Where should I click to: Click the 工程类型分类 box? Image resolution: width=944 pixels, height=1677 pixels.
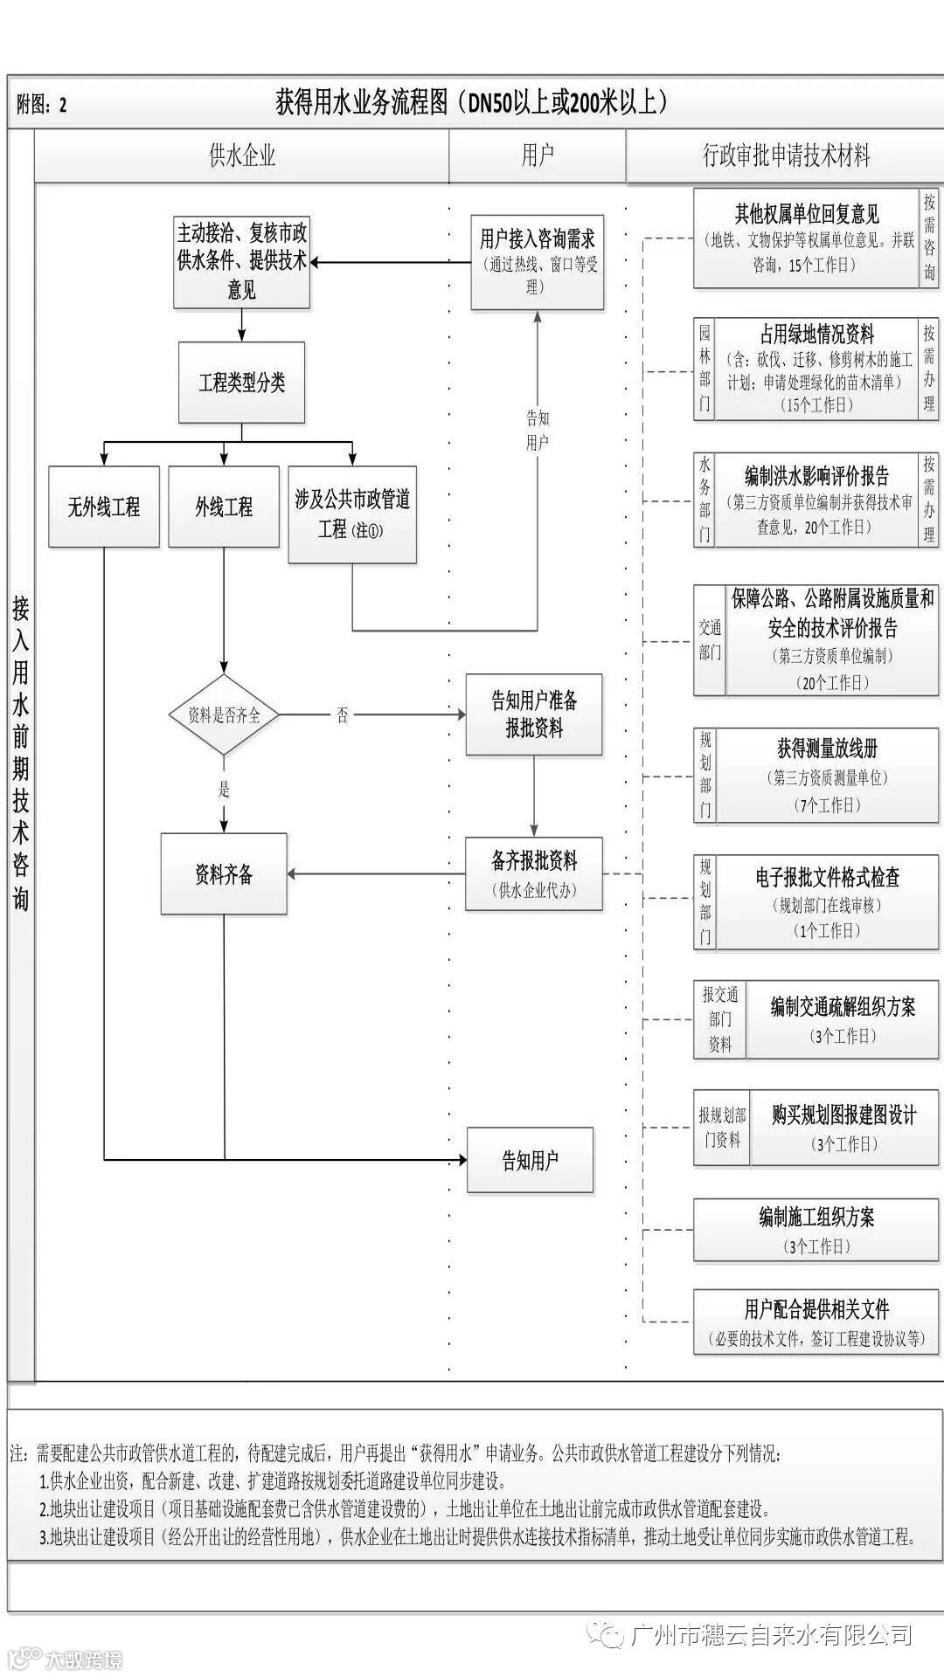[x=241, y=383]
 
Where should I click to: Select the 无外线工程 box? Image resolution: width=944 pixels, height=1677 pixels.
[x=104, y=507]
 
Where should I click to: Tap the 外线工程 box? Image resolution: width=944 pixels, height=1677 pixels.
[x=224, y=507]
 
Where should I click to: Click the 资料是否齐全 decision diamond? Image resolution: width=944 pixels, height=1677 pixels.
[x=224, y=714]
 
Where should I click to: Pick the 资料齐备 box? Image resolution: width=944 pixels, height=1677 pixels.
[x=224, y=873]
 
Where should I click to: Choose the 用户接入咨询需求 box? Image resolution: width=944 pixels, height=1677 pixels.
[x=537, y=262]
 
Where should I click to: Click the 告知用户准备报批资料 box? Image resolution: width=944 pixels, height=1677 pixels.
[x=534, y=714]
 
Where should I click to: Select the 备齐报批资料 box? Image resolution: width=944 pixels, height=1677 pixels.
[x=534, y=873]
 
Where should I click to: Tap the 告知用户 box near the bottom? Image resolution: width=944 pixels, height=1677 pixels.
[x=530, y=1160]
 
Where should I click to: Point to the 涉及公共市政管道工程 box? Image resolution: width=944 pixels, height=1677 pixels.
[x=352, y=514]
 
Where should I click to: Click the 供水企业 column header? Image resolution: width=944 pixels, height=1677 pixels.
[x=242, y=155]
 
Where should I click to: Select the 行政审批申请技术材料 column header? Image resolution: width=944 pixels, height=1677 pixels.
[x=786, y=155]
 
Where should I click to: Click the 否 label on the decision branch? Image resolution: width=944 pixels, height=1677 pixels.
[x=343, y=715]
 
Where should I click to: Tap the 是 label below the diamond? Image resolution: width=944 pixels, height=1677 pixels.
[x=224, y=790]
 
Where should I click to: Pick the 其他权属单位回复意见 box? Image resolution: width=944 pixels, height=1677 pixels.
[x=806, y=238]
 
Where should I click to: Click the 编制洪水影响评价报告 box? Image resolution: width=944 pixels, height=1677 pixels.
[x=816, y=500]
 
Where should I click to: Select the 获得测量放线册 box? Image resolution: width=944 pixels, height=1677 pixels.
[x=827, y=776]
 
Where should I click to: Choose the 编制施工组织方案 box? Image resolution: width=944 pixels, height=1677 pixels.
[x=816, y=1229]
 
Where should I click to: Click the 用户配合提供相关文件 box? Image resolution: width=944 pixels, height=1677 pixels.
[x=816, y=1322]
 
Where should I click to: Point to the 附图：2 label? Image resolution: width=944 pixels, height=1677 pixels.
[x=42, y=106]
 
